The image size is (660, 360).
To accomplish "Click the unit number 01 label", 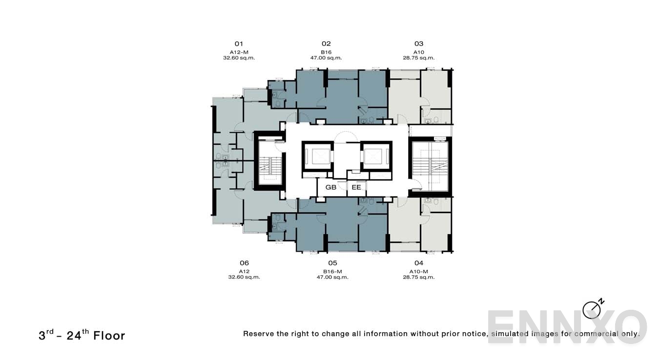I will point(239,43).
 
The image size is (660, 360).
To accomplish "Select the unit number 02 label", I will point(326,43).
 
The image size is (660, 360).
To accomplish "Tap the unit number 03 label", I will point(419,43).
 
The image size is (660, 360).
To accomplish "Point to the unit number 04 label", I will point(418,263).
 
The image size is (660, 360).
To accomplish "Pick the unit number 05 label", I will point(332,263).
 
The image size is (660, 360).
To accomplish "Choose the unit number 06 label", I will point(244,263).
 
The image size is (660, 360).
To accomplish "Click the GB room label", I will point(331,187).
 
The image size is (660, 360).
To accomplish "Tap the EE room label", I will point(356,187).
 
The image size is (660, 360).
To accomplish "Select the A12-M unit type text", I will point(239,52).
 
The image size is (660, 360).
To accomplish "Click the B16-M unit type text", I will point(332,271).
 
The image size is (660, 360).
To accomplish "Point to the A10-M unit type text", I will point(418,271).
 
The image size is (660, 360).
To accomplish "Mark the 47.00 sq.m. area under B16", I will point(326,58).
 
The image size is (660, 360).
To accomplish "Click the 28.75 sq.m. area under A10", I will point(419,58).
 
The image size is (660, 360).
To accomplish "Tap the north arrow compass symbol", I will point(592,309).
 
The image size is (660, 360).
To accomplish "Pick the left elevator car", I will point(317,156).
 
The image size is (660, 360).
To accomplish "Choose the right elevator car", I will point(376,156).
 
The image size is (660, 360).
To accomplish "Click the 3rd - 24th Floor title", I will point(82,335).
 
